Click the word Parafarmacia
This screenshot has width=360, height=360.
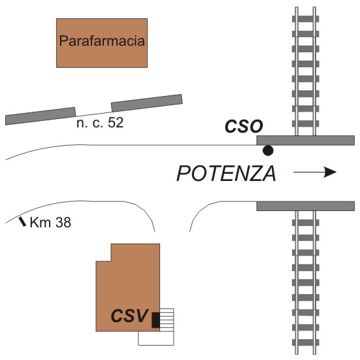pyautogui.click(x=102, y=41)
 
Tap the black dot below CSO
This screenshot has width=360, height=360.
pyautogui.click(x=268, y=150)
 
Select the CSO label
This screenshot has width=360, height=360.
pyautogui.click(x=244, y=126)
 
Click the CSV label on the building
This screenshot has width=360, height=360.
pyautogui.click(x=129, y=316)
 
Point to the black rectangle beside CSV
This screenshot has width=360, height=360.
pyautogui.click(x=156, y=320)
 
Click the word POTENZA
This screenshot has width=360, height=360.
pyautogui.click(x=226, y=174)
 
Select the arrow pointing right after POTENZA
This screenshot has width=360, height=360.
pyautogui.click(x=315, y=172)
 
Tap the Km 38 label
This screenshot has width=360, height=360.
pyautogui.click(x=50, y=223)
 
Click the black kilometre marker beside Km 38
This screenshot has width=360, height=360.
pyautogui.click(x=22, y=221)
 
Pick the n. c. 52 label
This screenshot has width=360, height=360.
pyautogui.click(x=100, y=123)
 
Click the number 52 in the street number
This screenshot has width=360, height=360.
pyautogui.click(x=116, y=123)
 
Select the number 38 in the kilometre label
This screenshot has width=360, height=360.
pyautogui.click(x=63, y=223)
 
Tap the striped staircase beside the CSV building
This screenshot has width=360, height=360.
pyautogui.click(x=167, y=320)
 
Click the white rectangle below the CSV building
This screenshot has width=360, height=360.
pyautogui.click(x=156, y=338)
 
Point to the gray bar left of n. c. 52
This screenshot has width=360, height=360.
pyautogui.click(x=41, y=116)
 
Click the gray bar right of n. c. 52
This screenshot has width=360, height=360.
pyautogui.click(x=147, y=103)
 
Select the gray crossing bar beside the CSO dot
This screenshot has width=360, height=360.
pyautogui.click(x=306, y=140)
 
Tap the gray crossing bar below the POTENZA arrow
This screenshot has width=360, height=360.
pyautogui.click(x=306, y=206)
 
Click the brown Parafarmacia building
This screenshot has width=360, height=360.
pyautogui.click(x=102, y=43)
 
